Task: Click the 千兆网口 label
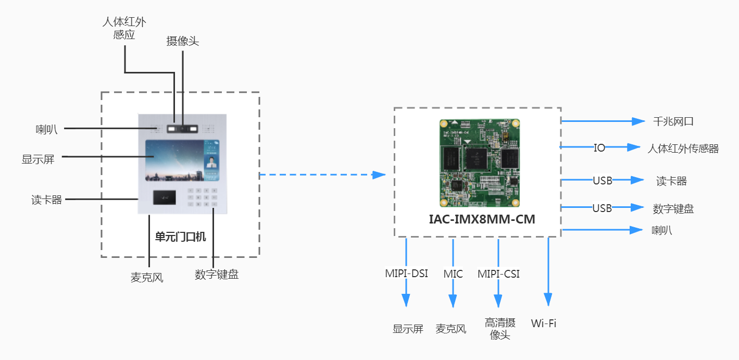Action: [x=673, y=122]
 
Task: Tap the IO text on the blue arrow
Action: [x=599, y=148]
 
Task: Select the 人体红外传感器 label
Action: [x=683, y=148]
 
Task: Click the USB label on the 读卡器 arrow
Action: [x=602, y=181]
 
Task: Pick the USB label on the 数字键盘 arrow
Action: [x=602, y=208]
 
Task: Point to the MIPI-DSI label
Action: [x=406, y=274]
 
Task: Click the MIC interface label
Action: [x=453, y=274]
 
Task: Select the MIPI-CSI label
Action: [x=498, y=274]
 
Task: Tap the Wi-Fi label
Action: [x=544, y=323]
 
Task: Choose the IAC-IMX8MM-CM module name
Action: [x=482, y=219]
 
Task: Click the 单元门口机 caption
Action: [x=180, y=237]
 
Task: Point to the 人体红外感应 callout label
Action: [x=124, y=29]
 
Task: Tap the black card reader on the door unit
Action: [x=164, y=197]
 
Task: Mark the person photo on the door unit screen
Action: [x=211, y=162]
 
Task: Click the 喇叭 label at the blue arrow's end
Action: [x=661, y=230]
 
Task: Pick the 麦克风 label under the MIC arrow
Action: [x=451, y=329]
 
